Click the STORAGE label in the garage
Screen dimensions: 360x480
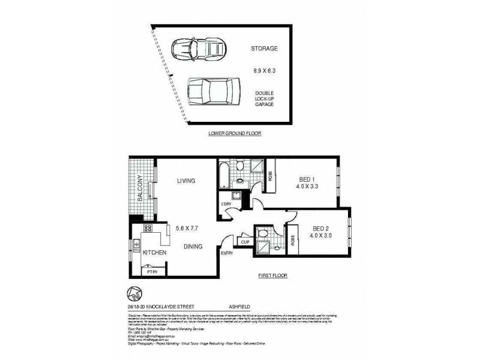click(x=264, y=49)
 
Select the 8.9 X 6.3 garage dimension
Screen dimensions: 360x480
click(x=264, y=71)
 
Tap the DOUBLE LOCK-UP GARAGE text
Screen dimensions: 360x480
click(x=264, y=98)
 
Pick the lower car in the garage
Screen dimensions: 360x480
click(x=209, y=91)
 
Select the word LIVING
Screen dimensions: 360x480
click(x=187, y=181)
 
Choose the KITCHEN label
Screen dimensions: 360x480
click(x=154, y=253)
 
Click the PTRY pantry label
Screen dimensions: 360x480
click(x=153, y=272)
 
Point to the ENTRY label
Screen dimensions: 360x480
click(x=227, y=254)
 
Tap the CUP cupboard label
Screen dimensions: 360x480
click(x=245, y=242)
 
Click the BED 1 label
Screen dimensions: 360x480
click(x=308, y=178)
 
